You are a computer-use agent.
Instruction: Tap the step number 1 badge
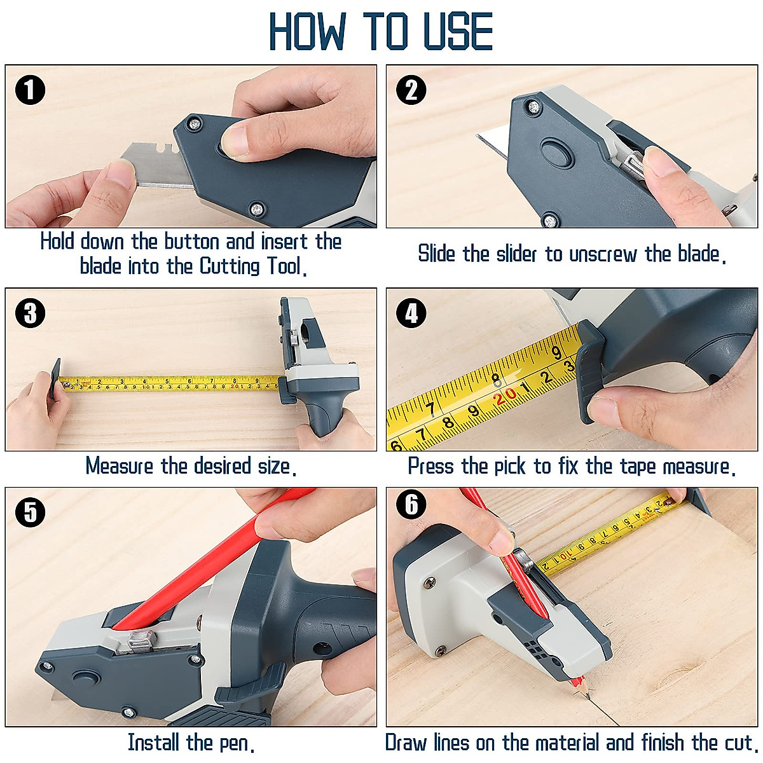point(30,90)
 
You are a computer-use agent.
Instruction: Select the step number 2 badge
point(411,90)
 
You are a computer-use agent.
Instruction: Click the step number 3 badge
point(30,313)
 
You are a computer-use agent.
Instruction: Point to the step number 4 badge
point(411,313)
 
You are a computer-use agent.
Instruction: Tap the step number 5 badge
point(30,512)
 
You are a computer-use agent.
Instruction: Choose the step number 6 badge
point(411,505)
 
